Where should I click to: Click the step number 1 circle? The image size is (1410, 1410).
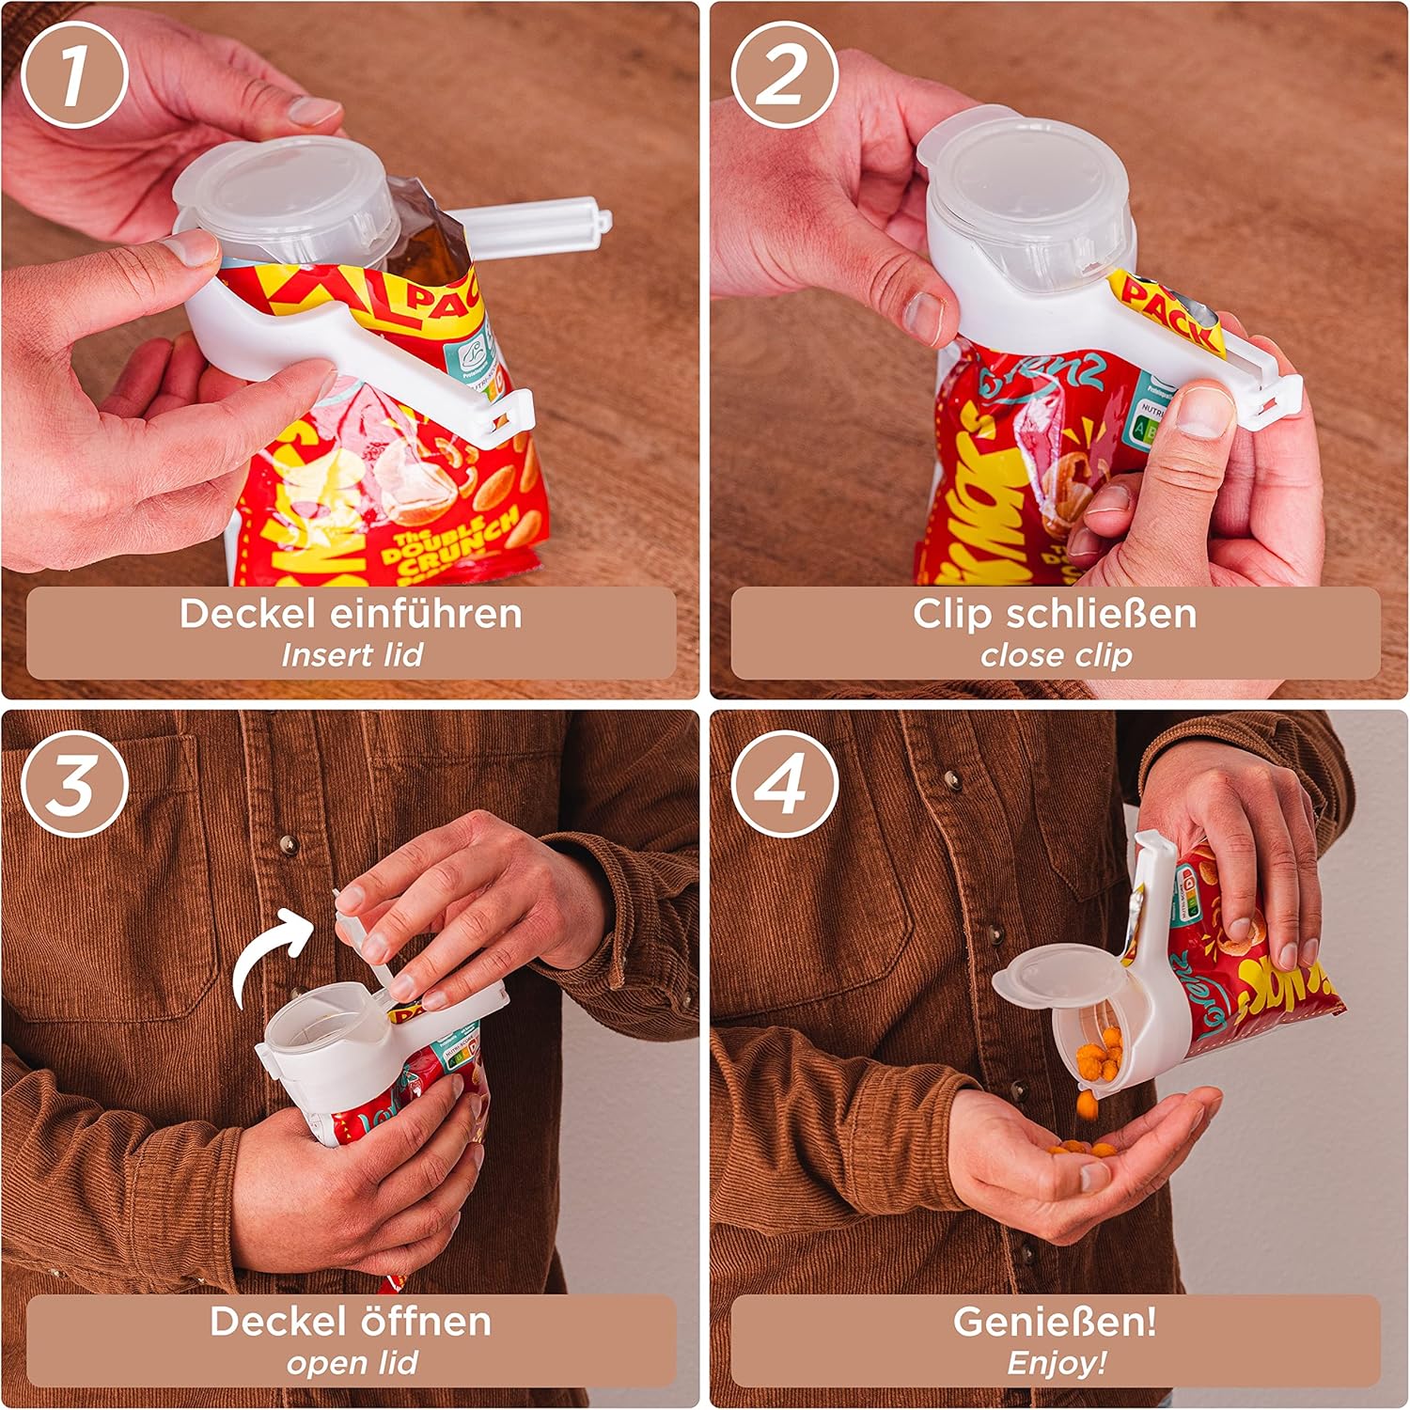[x=74, y=74]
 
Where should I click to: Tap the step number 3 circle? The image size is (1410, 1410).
[x=74, y=783]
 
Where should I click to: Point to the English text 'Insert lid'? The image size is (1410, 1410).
[x=352, y=655]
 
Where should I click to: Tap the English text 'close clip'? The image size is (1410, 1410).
[x=1056, y=655]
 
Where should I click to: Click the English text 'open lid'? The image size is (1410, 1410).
[x=352, y=1363]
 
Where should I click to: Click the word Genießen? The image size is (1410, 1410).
[x=1055, y=1322]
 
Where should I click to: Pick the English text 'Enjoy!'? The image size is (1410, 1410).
[x=1056, y=1363]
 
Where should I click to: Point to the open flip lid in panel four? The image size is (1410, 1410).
[x=1053, y=978]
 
